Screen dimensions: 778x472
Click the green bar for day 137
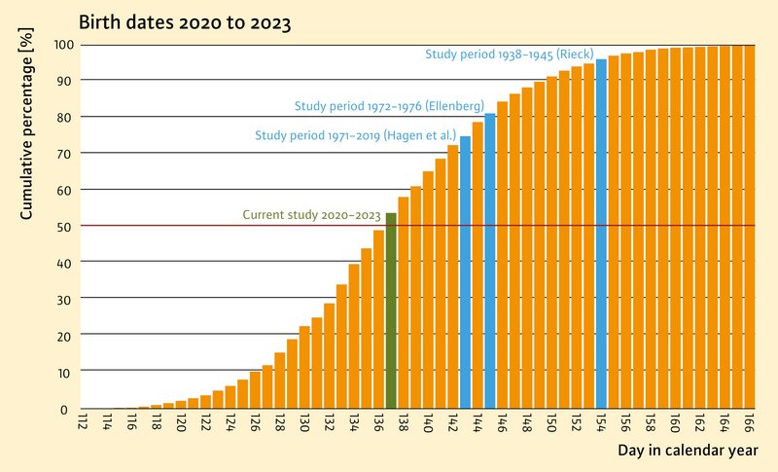click(x=391, y=310)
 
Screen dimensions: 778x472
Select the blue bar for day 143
click(x=466, y=272)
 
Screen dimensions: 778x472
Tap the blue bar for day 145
click(x=490, y=261)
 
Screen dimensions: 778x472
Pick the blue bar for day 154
click(x=601, y=234)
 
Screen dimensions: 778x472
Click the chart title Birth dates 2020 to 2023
click(x=185, y=22)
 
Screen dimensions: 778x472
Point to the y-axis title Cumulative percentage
click(x=26, y=124)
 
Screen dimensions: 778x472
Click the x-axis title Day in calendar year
click(x=688, y=451)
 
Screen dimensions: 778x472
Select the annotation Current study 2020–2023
click(x=311, y=215)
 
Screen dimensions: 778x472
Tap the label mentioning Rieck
click(x=509, y=54)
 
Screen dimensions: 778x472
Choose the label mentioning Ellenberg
click(x=390, y=106)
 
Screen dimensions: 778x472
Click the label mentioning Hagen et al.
click(x=355, y=135)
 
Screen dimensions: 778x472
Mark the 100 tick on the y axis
click(x=64, y=45)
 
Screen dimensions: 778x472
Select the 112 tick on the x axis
click(x=83, y=422)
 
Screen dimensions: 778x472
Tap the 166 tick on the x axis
click(x=749, y=422)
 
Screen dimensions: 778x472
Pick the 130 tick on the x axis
click(x=304, y=422)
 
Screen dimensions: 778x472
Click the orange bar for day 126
click(x=255, y=390)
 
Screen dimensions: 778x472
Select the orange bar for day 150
click(x=551, y=242)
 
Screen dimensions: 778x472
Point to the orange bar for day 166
click(x=749, y=227)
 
